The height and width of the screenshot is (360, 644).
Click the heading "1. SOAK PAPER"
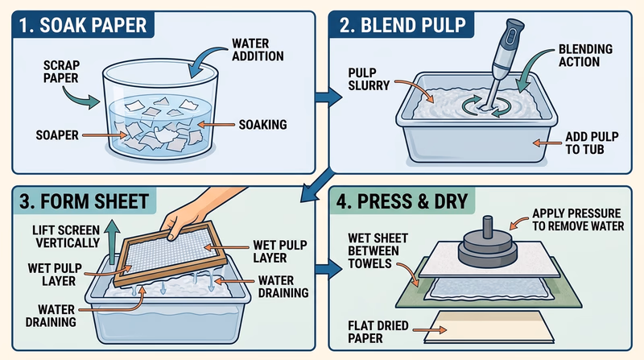pos(80,25)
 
